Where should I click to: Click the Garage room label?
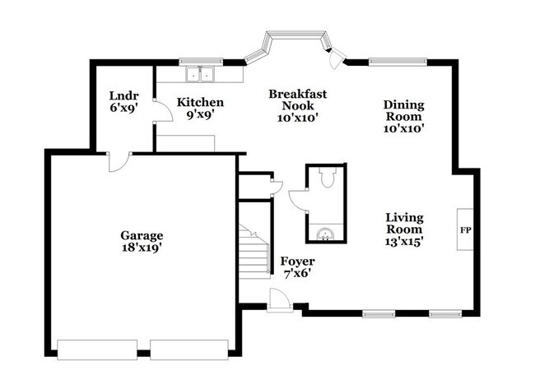point(142,234)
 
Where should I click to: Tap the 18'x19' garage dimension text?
point(142,247)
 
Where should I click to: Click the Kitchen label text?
point(201,102)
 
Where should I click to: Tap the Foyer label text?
point(297,262)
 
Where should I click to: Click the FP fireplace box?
point(465,229)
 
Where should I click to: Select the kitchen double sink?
point(198,75)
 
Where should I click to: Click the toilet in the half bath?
point(327,178)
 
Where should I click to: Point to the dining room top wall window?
point(397,60)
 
